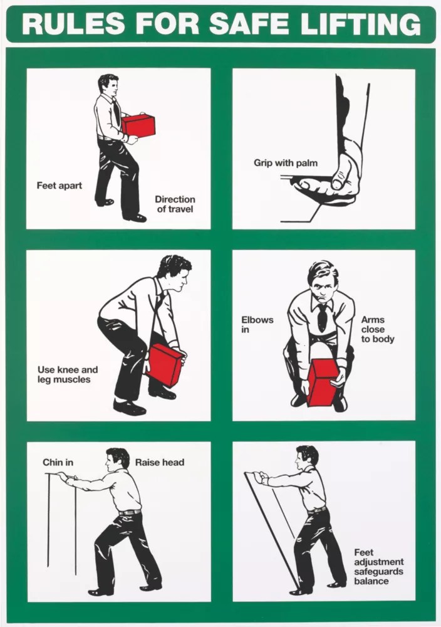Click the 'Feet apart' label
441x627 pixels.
coord(59,186)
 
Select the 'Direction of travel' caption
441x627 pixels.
coord(175,204)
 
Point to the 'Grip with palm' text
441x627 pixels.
coord(286,163)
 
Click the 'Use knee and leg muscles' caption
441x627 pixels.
coord(68,375)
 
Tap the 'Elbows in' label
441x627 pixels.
coord(257,325)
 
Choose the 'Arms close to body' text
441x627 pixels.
coord(378,330)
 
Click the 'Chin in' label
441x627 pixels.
coord(58,462)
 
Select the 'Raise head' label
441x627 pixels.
coord(160,462)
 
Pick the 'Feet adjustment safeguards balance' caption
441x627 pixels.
coord(379,567)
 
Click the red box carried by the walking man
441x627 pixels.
coord(138,125)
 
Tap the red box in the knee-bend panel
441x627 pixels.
coord(165,366)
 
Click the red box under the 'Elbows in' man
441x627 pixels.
coord(323,382)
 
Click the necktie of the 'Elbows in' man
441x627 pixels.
coord(322,317)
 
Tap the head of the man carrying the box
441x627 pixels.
coord(108,85)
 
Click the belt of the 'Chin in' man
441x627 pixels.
coord(130,512)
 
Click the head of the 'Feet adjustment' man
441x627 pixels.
coord(307,456)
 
